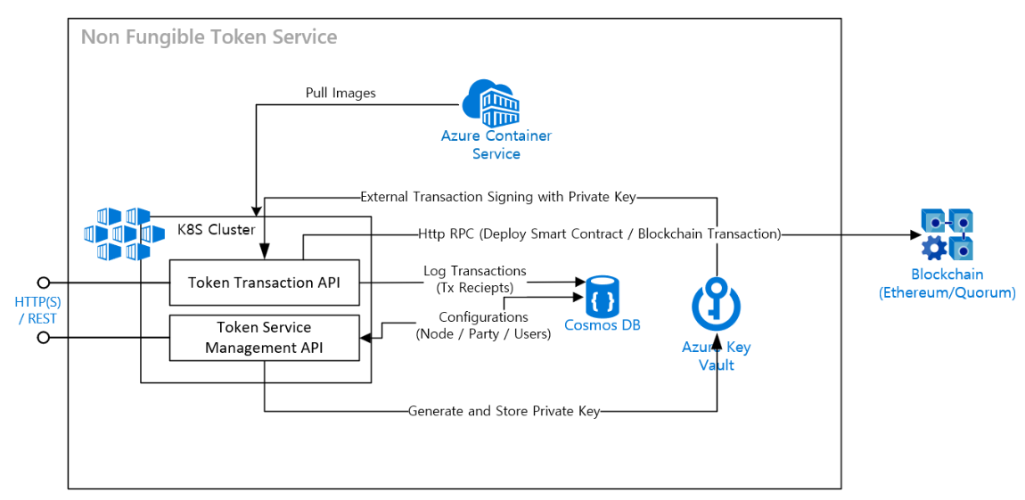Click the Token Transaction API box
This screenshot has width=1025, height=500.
[264, 283]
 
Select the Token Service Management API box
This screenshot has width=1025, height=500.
[264, 337]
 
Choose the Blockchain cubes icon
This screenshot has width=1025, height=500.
[947, 234]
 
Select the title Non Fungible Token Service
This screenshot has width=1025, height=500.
[209, 37]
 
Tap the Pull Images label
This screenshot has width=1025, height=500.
[340, 93]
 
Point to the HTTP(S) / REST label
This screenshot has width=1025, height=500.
[37, 310]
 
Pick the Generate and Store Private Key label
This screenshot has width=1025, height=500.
[504, 411]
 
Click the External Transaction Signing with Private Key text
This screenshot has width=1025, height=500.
[498, 196]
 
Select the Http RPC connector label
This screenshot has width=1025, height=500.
[599, 234]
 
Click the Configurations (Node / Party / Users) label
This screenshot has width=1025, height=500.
[483, 325]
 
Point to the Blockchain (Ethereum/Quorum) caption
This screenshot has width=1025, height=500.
[947, 283]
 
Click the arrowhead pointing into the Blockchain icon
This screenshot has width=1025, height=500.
[915, 235]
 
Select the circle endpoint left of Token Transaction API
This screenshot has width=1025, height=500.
[42, 283]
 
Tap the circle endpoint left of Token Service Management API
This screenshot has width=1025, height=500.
[42, 337]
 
